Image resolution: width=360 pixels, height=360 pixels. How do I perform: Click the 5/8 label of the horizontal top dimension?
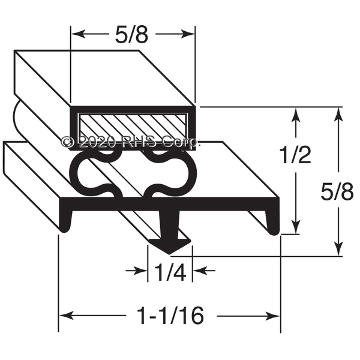tap(131, 34)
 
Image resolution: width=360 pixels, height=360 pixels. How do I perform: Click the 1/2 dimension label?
tap(295, 155)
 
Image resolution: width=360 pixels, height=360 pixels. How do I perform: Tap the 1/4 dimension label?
tap(170, 272)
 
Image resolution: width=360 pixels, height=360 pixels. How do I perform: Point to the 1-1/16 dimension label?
tap(170, 316)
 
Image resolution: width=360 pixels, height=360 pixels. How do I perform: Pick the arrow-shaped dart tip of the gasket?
tap(170, 246)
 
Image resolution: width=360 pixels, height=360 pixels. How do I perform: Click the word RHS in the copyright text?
tap(138, 142)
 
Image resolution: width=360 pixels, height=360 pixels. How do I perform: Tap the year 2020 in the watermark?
tap(97, 142)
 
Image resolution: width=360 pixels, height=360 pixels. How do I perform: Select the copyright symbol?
tap(68, 142)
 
